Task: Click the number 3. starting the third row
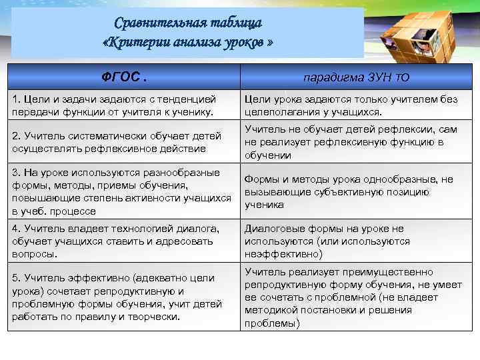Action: click(x=17, y=173)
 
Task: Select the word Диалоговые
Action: click(x=272, y=229)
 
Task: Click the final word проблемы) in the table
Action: click(x=272, y=323)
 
